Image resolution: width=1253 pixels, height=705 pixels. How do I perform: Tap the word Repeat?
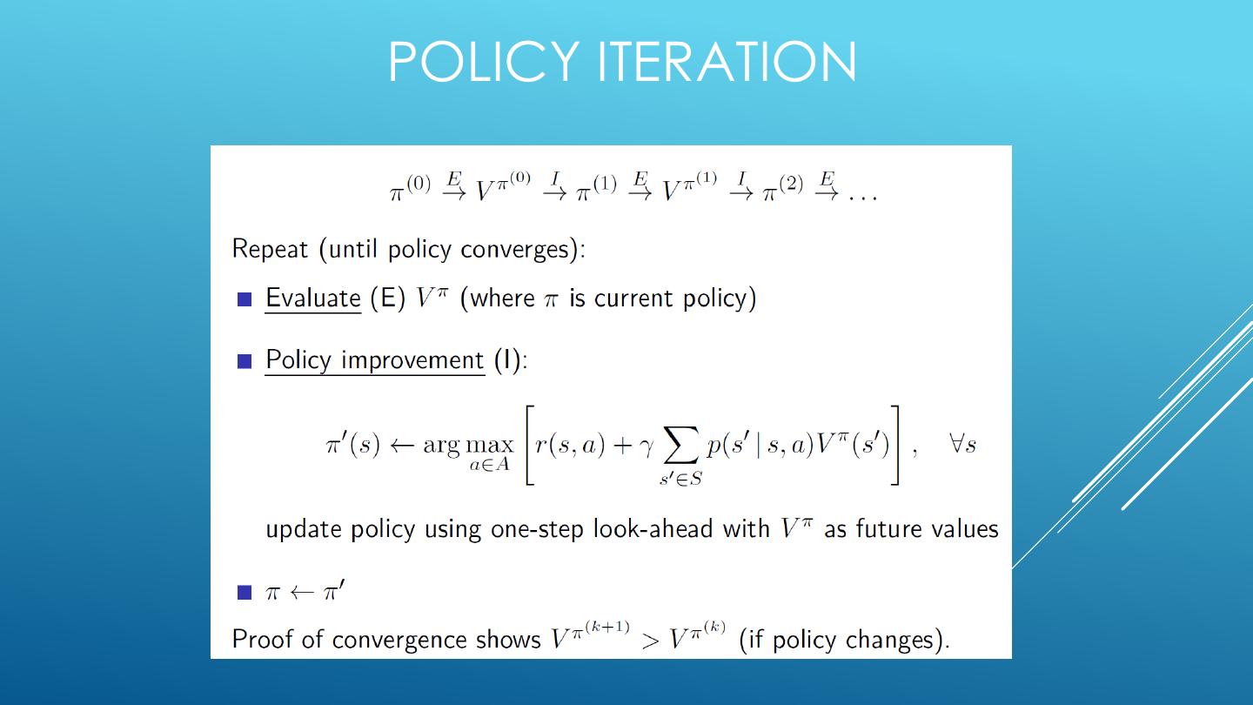pos(270,250)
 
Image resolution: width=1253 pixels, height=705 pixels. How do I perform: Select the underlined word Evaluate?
pos(312,299)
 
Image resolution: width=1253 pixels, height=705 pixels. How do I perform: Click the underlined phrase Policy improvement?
pos(374,360)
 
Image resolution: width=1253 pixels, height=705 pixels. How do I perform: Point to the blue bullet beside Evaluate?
pos(245,299)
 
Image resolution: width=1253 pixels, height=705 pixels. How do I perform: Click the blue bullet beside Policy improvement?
pos(245,361)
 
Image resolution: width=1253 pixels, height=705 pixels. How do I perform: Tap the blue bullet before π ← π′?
pos(245,594)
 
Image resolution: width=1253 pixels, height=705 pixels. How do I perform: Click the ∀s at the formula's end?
pos(962,445)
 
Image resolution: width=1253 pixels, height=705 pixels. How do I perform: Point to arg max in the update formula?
pos(468,446)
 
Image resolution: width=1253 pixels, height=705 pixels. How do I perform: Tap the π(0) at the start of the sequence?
pos(409,188)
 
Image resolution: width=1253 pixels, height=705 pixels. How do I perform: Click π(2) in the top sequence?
pos(783,188)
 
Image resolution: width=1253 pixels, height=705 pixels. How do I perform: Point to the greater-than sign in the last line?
pos(650,641)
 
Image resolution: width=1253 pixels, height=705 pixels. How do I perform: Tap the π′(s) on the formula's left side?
pos(352,445)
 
